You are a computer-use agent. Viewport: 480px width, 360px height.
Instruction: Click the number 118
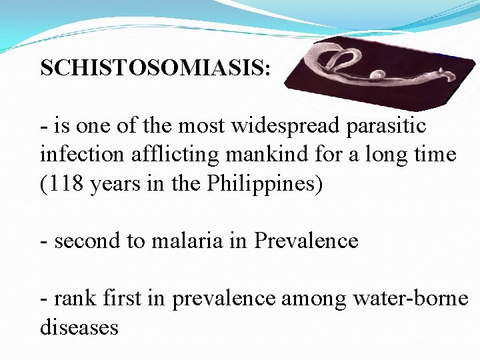click(66, 184)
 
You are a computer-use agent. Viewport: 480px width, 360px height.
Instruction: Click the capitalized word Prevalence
click(307, 241)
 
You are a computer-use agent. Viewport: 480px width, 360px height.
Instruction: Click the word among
click(313, 299)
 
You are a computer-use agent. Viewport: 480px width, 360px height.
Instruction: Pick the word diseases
click(79, 327)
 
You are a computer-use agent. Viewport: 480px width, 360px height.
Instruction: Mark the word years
click(114, 184)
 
